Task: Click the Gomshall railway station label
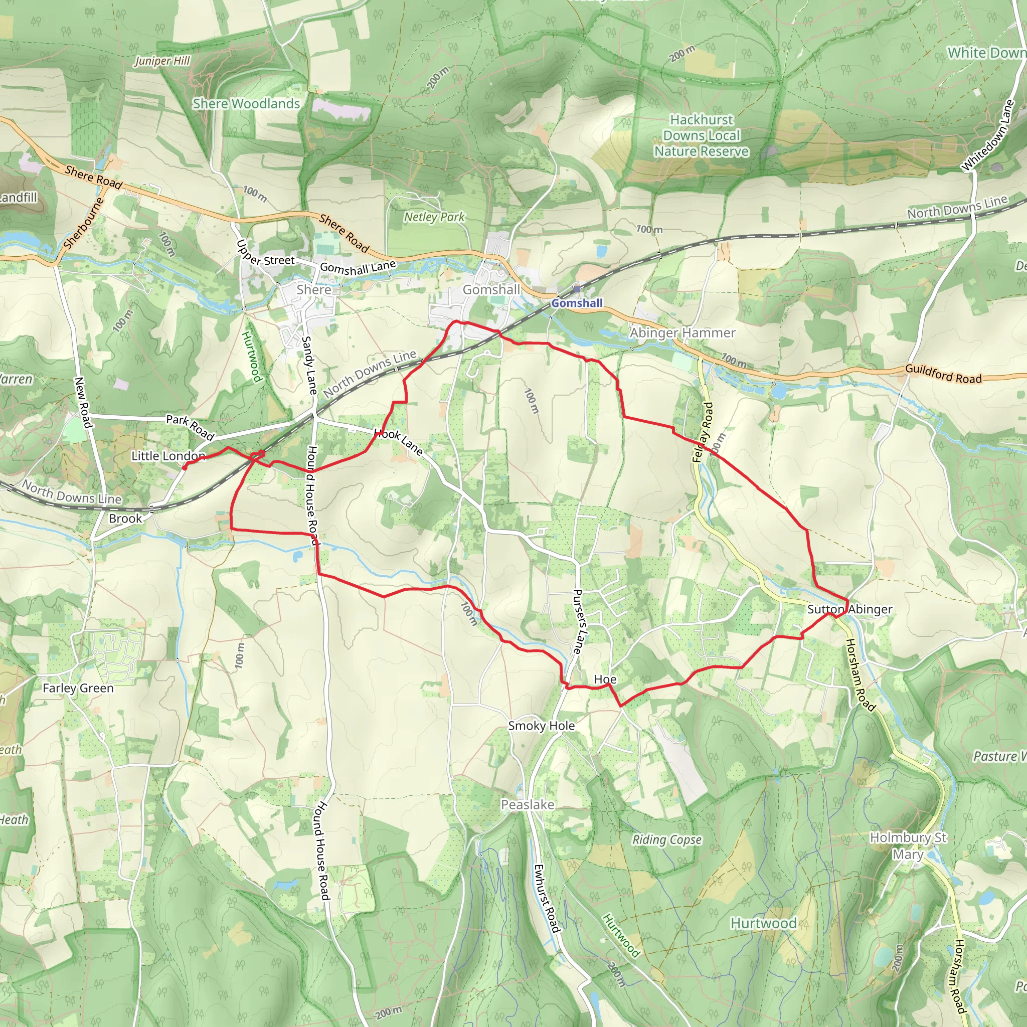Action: (x=577, y=303)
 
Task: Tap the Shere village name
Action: (x=313, y=290)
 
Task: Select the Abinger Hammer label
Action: (x=682, y=333)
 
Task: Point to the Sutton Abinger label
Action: (x=849, y=609)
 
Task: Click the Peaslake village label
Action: (x=528, y=805)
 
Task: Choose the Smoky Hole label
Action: (x=541, y=726)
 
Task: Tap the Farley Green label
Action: (x=78, y=689)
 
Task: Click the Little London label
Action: (x=168, y=456)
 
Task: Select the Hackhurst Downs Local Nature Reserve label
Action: (x=701, y=135)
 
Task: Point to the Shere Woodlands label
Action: (x=246, y=104)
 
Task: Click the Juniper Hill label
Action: (x=162, y=61)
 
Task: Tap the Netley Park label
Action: (x=434, y=217)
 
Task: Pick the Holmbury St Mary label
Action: (x=908, y=846)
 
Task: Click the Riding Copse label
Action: (x=666, y=840)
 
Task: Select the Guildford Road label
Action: (x=943, y=374)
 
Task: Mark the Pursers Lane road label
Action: (x=578, y=621)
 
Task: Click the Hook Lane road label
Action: (x=399, y=442)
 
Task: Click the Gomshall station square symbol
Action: (x=577, y=289)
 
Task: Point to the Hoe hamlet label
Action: (x=605, y=679)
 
